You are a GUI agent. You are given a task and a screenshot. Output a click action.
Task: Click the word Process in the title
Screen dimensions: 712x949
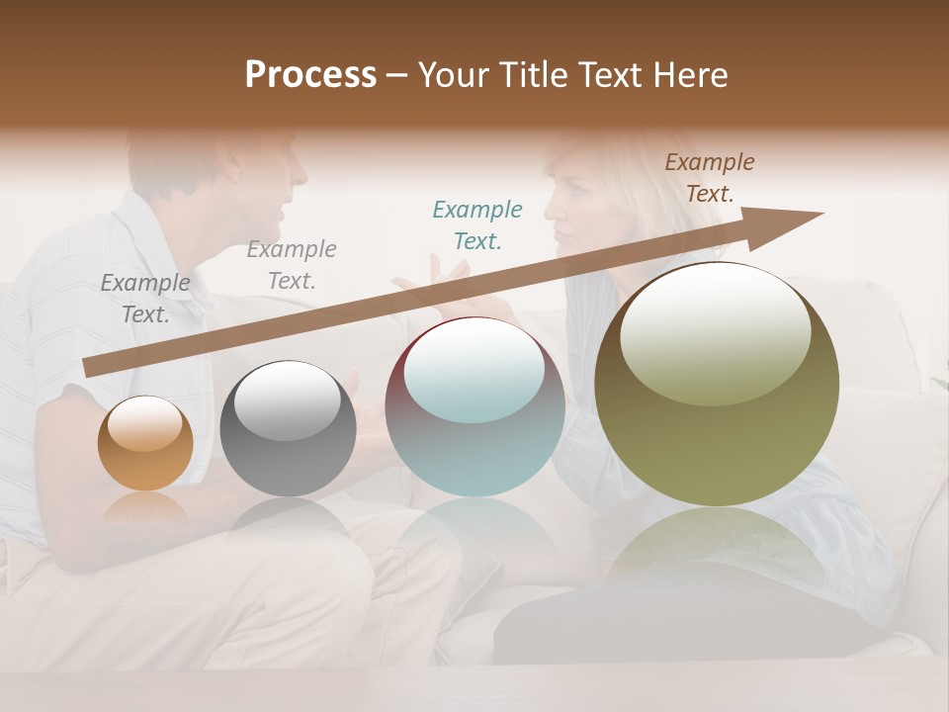[x=310, y=75]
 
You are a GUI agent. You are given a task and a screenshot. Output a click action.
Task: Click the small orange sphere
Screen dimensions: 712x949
[x=145, y=445]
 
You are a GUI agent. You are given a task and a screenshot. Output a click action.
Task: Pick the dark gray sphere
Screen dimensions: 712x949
[x=288, y=429]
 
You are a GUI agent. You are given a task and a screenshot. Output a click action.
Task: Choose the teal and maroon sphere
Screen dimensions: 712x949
[x=474, y=407]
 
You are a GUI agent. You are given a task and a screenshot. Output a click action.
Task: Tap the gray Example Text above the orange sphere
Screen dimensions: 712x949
[x=145, y=299]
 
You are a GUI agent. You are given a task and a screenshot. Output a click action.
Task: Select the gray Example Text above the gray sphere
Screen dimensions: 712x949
[x=292, y=265]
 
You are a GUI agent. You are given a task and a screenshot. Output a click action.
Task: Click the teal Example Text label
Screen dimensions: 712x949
[x=477, y=225]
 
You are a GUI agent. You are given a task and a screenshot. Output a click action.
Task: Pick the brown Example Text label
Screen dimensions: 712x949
[x=710, y=178]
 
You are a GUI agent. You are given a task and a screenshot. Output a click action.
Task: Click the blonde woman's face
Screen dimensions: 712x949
[x=573, y=208]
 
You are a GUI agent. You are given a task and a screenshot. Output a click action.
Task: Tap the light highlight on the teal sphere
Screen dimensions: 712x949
[x=474, y=371]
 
